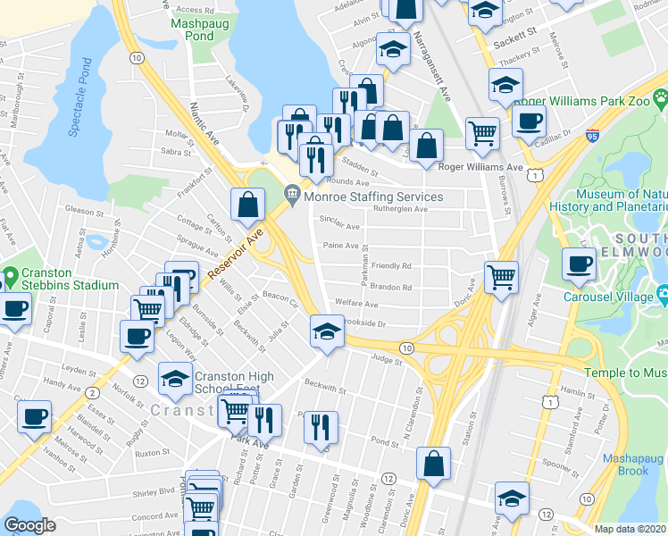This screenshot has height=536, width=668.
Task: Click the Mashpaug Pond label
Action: coord(192,29)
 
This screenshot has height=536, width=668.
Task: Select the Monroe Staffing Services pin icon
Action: coord(292,193)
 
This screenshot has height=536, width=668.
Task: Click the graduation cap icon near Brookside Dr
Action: coord(327,332)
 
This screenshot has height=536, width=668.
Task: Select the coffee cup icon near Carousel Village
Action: coord(579,264)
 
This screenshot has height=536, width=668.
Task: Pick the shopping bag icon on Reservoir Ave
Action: coord(247,205)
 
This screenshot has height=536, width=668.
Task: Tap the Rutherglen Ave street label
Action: coord(400,209)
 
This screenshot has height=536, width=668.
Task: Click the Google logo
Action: coord(29,525)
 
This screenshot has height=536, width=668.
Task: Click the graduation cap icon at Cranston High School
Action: coord(174,380)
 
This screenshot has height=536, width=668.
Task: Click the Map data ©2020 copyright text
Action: coord(630,529)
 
